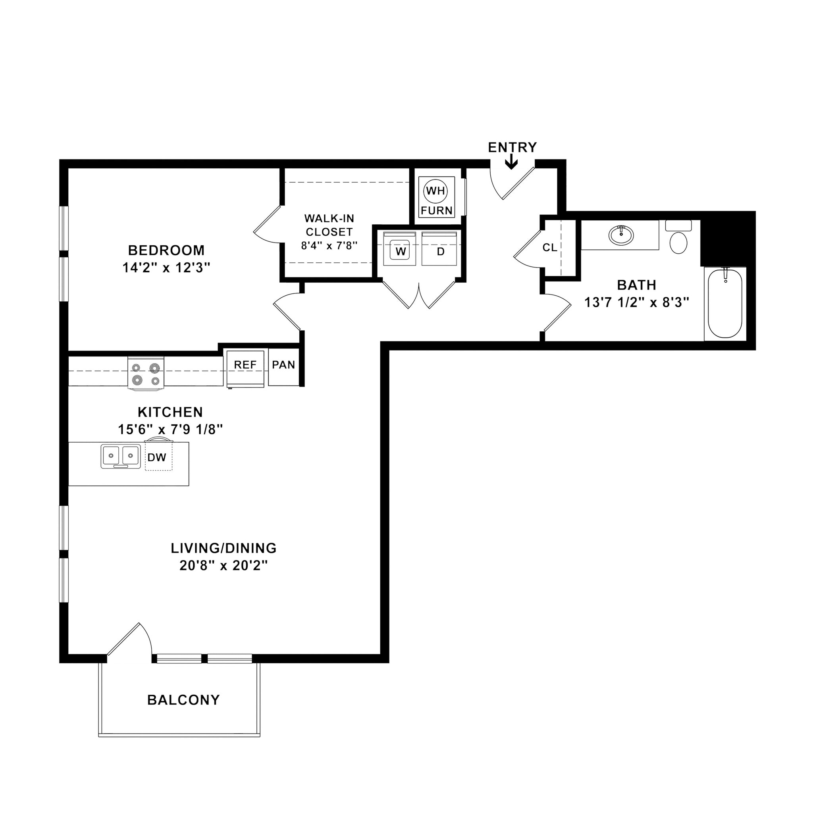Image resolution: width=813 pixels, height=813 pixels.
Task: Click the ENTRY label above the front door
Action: pyautogui.click(x=512, y=148)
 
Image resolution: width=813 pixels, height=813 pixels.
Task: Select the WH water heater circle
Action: pyautogui.click(x=435, y=191)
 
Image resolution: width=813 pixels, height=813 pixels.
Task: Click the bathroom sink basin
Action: pyautogui.click(x=621, y=235)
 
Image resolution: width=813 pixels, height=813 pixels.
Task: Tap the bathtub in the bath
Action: pyautogui.click(x=724, y=303)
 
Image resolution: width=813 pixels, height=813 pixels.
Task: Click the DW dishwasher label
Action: pyautogui.click(x=157, y=457)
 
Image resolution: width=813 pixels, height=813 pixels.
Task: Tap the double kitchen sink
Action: pyautogui.click(x=121, y=456)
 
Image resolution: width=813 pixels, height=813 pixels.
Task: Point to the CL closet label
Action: pyautogui.click(x=549, y=248)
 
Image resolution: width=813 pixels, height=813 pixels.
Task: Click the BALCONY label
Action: pyautogui.click(x=183, y=700)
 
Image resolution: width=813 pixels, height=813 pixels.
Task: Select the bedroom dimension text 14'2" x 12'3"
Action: pyautogui.click(x=166, y=268)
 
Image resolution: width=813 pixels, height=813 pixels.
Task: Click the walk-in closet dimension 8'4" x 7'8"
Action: pyautogui.click(x=329, y=245)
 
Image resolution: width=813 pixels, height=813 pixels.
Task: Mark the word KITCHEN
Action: pyautogui.click(x=170, y=412)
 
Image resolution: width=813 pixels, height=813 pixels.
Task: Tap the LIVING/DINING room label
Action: pyautogui.click(x=223, y=548)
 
